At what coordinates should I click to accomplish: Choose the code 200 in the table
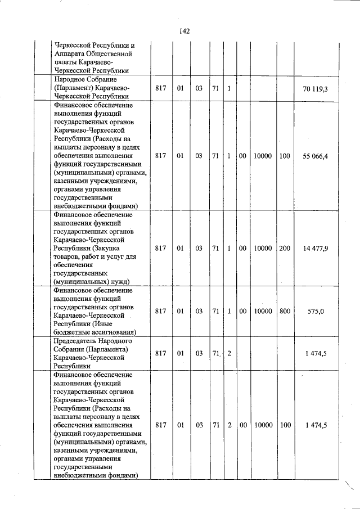tap(285, 248)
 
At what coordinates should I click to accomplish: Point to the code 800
tap(285, 311)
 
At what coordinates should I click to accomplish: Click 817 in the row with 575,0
tap(160, 311)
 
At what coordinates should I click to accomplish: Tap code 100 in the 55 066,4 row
tap(285, 155)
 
